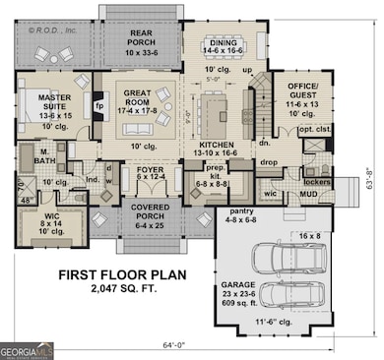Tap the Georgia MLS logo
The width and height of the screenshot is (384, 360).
tap(27, 349)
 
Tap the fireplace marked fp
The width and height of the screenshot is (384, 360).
tap(99, 102)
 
